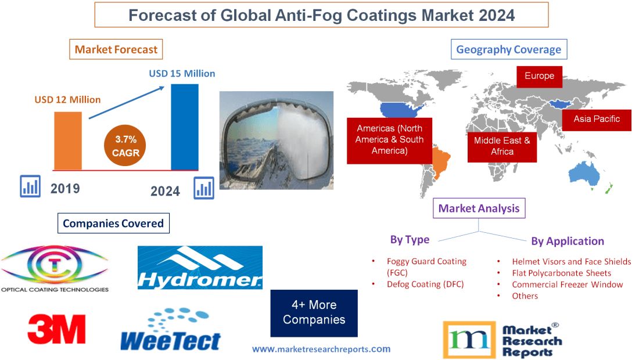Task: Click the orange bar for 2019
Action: tap(68, 141)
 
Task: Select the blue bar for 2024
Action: tap(184, 127)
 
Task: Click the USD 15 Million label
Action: tap(182, 74)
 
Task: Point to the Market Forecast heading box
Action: tap(116, 49)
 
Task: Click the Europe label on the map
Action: tap(539, 76)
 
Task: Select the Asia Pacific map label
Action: tap(597, 119)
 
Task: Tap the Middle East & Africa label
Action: tap(502, 146)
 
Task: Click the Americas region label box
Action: tap(390, 140)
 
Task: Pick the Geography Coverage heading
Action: tap(508, 49)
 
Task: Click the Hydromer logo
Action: tap(200, 268)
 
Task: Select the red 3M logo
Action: tap(57, 329)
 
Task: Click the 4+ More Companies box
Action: tap(314, 313)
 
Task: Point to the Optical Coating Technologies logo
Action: tap(54, 269)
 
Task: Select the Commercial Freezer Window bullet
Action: tap(567, 285)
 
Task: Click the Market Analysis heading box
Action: tap(479, 208)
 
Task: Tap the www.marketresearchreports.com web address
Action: tap(321, 349)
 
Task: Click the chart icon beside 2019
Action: tap(30, 186)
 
